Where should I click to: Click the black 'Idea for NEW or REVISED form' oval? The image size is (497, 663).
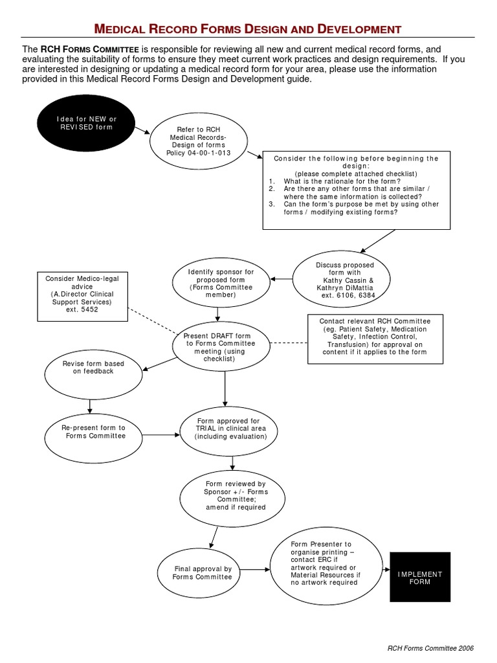tap(87, 123)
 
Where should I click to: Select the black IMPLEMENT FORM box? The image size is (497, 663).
tap(419, 578)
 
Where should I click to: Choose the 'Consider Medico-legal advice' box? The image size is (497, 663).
tap(82, 297)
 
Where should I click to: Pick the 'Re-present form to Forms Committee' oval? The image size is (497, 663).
tap(93, 432)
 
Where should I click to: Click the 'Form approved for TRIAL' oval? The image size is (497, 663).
tap(232, 429)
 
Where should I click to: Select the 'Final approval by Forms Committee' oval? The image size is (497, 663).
tap(202, 572)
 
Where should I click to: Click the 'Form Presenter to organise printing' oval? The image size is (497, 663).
tap(321, 563)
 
